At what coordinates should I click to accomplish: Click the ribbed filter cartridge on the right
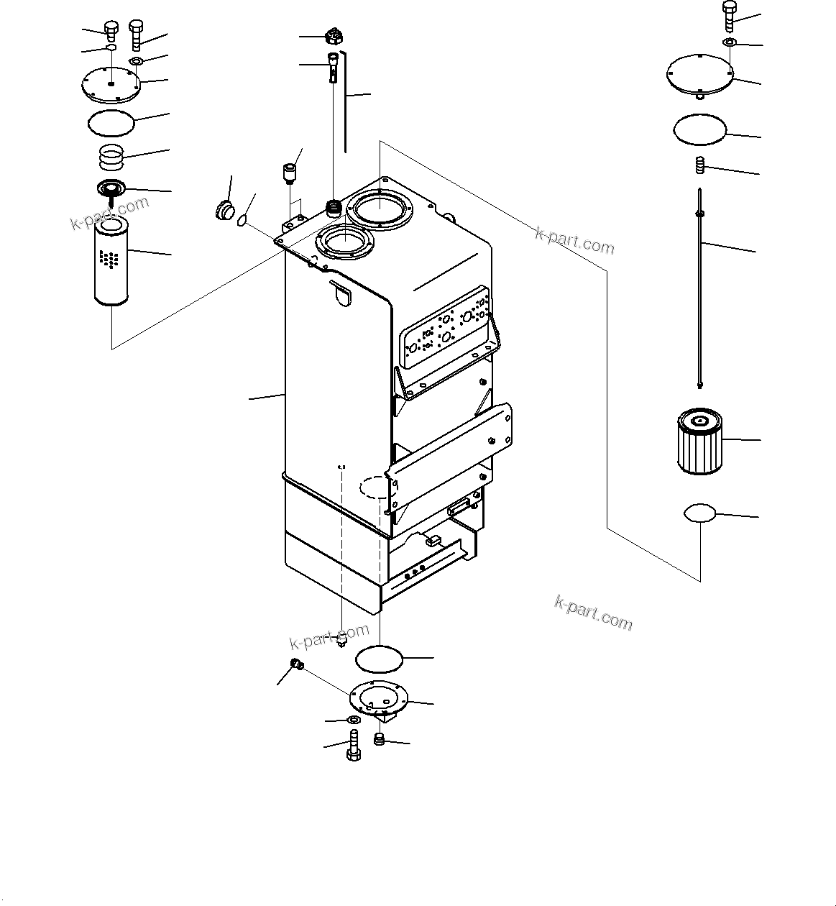(x=699, y=441)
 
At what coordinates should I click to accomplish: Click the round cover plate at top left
(x=109, y=84)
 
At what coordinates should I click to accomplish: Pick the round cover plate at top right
(x=700, y=73)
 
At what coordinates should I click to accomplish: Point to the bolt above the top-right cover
(x=729, y=14)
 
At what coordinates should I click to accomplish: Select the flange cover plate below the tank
(x=378, y=700)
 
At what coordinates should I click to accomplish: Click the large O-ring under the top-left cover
(x=111, y=122)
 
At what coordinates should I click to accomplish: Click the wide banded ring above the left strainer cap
(x=111, y=152)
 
